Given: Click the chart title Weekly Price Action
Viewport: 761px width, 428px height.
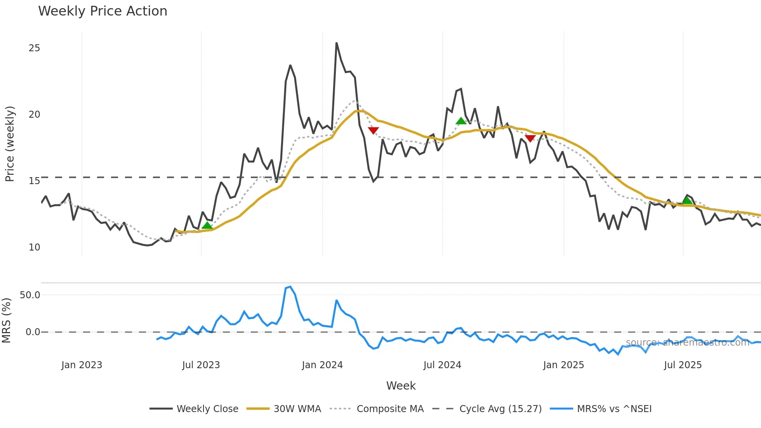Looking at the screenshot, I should [x=103, y=11].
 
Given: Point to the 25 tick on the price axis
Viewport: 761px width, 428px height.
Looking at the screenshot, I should [x=34, y=48].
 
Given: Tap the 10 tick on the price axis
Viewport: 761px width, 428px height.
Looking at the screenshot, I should [x=34, y=247].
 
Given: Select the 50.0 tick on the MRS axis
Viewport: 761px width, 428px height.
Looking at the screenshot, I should [x=30, y=295].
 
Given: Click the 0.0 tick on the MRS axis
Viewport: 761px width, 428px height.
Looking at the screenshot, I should [x=33, y=332].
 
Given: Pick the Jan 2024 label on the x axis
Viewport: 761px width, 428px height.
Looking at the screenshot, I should [x=322, y=365].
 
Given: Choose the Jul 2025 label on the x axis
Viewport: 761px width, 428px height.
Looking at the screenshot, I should [x=683, y=365].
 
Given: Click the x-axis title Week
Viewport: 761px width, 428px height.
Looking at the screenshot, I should [x=401, y=386].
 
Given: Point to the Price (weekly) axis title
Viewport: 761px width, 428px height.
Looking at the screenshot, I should [x=10, y=144].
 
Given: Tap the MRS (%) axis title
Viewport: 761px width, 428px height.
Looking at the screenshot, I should [x=6, y=320].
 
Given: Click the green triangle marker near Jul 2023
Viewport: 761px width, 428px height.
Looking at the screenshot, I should [x=207, y=226].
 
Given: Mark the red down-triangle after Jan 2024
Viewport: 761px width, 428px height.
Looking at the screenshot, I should [x=373, y=130].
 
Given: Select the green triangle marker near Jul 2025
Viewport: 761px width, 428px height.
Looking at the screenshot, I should [x=687, y=200].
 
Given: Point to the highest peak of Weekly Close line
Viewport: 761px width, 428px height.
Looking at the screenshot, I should [x=336, y=43].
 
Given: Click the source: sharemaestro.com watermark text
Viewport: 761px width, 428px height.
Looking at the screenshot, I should [x=687, y=343].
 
